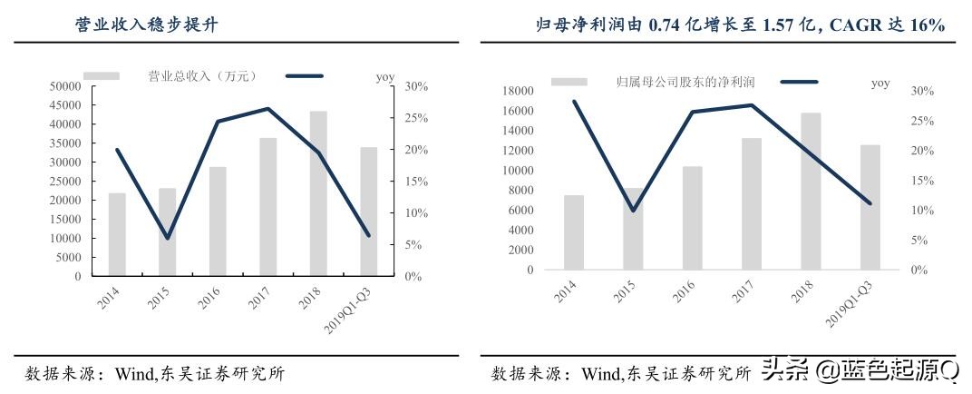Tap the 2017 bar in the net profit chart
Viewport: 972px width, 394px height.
click(752, 203)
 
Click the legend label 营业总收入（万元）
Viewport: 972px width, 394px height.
click(196, 76)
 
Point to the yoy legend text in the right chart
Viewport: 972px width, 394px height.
click(880, 83)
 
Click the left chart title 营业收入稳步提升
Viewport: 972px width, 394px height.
click(146, 25)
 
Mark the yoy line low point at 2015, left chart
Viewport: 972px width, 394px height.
click(168, 238)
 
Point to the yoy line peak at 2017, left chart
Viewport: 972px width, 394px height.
click(268, 109)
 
